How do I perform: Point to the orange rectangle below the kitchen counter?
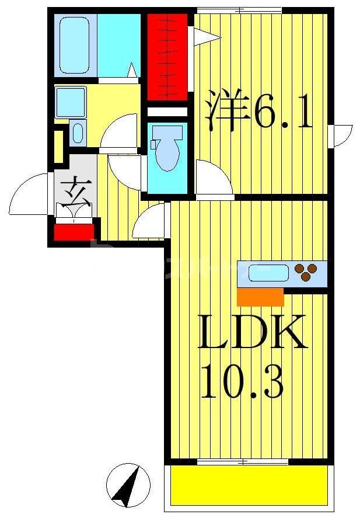point(260,297)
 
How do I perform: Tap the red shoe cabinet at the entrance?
point(74,231)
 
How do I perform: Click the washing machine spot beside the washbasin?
point(78,133)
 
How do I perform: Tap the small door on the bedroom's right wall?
point(340,135)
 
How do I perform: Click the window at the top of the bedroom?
point(239,10)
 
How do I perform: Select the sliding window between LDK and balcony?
point(242,461)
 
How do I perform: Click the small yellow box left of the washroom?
point(58,147)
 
